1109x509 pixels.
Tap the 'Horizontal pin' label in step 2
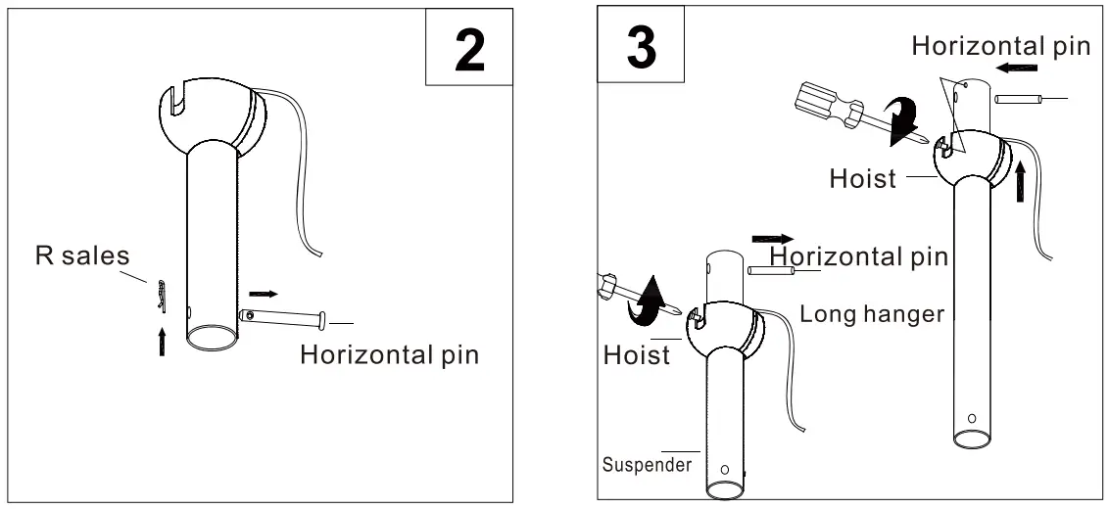[389, 354]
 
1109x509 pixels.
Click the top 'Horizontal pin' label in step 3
[999, 46]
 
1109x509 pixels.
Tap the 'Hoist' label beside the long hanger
[863, 180]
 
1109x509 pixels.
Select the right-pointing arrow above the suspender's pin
[773, 238]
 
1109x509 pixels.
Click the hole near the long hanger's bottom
[971, 419]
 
